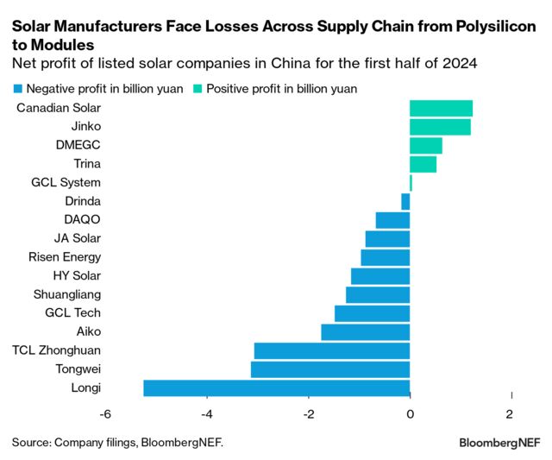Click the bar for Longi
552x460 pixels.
276,388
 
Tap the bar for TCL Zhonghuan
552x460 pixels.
331,350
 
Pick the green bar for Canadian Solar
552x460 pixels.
441,108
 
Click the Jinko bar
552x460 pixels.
440,127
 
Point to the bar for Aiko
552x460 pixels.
365,331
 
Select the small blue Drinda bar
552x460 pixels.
405,201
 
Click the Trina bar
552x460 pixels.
423,164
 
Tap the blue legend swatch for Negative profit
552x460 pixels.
17,89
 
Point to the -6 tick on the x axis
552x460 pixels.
105,413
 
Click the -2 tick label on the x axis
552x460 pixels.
308,413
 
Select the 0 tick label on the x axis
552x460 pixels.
410,413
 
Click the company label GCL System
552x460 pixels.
66,182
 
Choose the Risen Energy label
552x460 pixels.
64,257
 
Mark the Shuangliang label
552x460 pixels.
66,294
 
